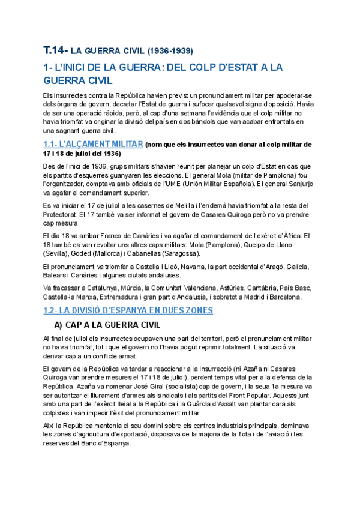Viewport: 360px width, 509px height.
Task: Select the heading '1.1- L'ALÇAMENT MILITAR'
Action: [93, 145]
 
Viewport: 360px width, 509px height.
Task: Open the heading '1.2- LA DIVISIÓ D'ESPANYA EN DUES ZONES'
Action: [128, 310]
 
